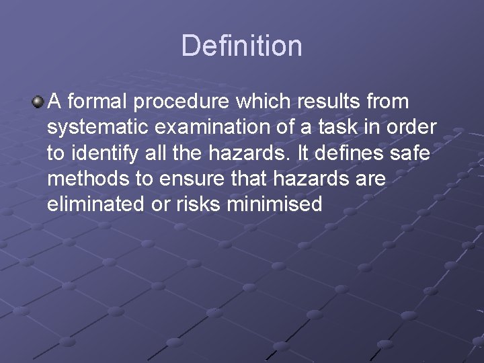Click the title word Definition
(241, 46)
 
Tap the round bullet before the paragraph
(38, 102)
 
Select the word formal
(98, 102)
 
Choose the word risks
(200, 204)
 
